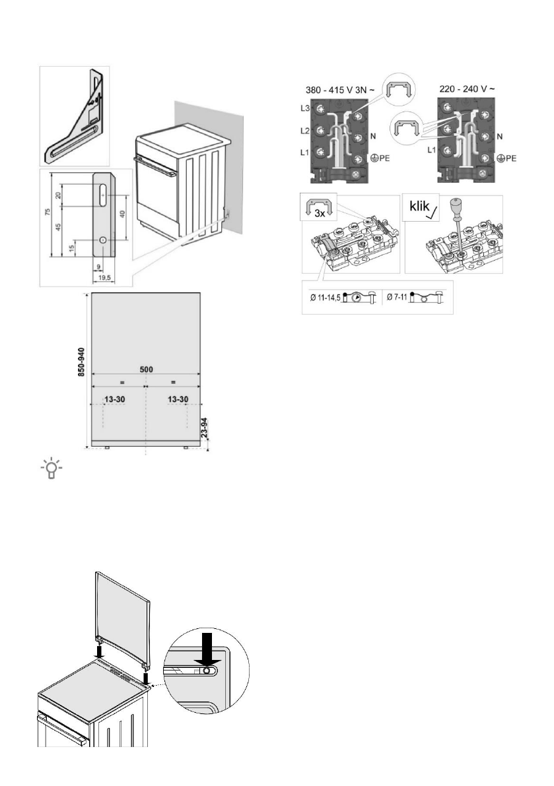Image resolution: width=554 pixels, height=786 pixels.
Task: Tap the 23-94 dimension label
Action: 205,432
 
